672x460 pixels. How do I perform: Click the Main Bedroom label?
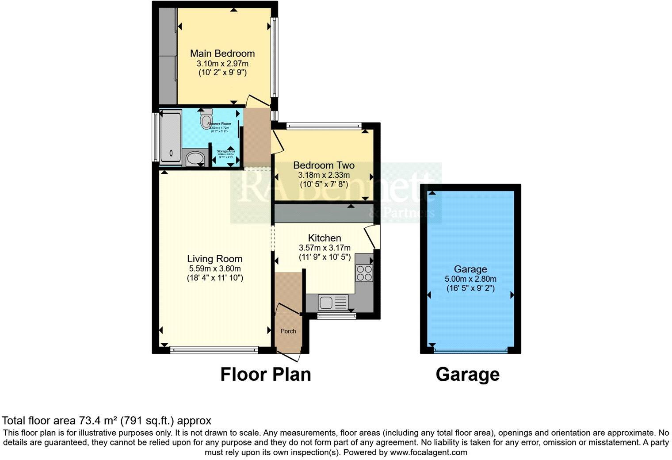tap(222, 54)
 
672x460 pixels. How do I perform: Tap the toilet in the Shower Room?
tap(206, 119)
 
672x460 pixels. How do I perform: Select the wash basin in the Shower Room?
tap(193, 158)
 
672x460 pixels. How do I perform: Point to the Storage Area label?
tap(225, 151)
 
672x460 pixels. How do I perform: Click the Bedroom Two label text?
tap(324, 165)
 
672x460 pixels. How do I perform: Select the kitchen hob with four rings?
tap(364, 272)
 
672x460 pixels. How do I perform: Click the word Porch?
tap(288, 331)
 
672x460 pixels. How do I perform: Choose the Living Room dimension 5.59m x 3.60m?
tap(215, 268)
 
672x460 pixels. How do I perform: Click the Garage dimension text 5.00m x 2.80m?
tap(470, 279)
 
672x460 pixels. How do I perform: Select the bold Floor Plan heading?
tap(266, 374)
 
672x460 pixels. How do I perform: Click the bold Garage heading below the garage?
tap(467, 374)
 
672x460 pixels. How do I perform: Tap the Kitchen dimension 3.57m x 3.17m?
tap(325, 248)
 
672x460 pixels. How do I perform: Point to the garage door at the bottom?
tap(470, 351)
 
